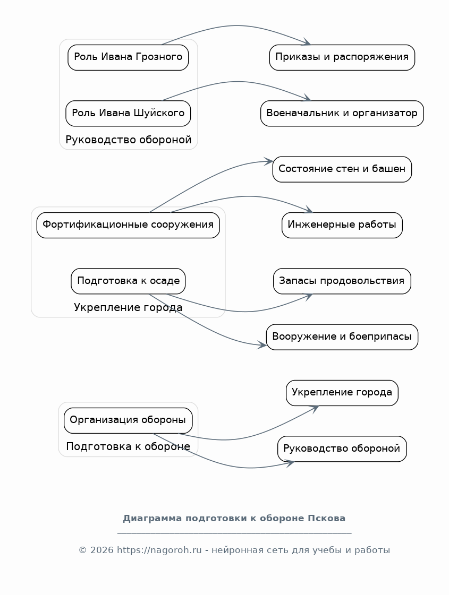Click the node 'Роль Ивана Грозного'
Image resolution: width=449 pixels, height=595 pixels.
tap(128, 57)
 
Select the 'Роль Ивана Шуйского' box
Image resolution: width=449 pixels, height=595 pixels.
tap(128, 113)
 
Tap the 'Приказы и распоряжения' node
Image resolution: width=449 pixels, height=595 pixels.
tap(342, 57)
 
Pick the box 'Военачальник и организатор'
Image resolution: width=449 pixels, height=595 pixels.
tap(342, 113)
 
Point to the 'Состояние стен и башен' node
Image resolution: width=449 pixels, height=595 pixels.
tap(342, 169)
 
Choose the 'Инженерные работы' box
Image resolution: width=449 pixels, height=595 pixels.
tap(342, 225)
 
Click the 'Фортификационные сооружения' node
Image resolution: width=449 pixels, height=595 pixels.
tap(128, 225)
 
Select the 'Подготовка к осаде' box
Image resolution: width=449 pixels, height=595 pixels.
tap(128, 281)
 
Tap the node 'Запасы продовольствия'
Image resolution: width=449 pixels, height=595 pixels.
tap(342, 281)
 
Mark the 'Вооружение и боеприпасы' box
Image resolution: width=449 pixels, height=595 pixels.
tap(342, 337)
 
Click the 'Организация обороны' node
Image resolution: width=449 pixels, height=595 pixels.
tap(128, 420)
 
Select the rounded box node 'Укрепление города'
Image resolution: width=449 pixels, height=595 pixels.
tap(342, 393)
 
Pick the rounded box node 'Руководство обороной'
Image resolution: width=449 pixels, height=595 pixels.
tap(342, 449)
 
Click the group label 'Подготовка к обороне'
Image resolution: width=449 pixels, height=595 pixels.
tap(128, 446)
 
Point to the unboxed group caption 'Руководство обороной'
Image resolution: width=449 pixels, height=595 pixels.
tap(129, 140)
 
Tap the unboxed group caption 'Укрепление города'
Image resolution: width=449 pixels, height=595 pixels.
tap(128, 307)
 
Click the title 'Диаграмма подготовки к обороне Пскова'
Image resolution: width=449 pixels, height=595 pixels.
tap(234, 519)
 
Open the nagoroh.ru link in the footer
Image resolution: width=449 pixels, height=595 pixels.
tap(159, 550)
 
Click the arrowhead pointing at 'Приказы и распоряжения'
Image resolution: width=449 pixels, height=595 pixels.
tap(307, 42)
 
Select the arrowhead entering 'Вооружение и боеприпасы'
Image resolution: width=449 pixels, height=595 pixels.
tap(262, 344)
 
